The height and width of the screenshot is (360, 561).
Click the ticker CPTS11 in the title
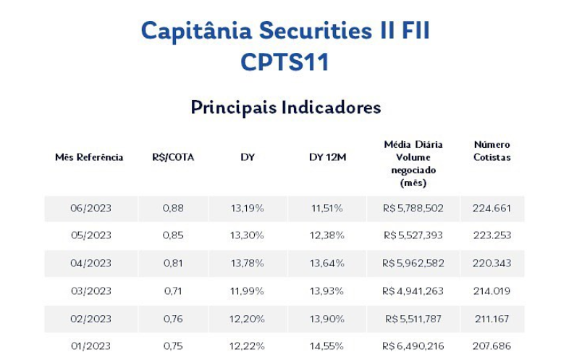click(284, 62)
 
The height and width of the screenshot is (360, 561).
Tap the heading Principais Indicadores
click(285, 107)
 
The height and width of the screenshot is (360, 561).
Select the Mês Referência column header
click(89, 157)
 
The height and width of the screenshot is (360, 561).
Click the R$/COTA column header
click(173, 157)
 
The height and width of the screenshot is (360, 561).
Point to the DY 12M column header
click(327, 157)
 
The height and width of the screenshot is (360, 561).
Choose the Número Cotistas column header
click(492, 151)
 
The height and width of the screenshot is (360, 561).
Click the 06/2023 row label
click(90, 209)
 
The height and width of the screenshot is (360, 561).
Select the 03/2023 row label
click(90, 291)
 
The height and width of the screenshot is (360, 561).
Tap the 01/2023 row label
click(90, 346)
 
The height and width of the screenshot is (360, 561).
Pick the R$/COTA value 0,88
click(173, 209)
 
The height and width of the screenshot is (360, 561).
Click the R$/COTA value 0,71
click(173, 291)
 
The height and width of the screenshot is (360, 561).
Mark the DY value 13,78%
click(248, 264)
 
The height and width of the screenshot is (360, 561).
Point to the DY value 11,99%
click(248, 291)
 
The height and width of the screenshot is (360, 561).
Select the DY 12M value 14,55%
click(327, 346)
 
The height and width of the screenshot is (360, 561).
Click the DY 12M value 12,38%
click(327, 236)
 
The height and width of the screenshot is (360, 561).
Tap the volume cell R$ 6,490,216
click(413, 346)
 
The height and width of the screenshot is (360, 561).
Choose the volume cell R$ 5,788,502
click(413, 209)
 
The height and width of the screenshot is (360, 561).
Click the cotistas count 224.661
click(492, 209)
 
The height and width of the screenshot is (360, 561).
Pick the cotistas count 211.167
click(492, 319)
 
